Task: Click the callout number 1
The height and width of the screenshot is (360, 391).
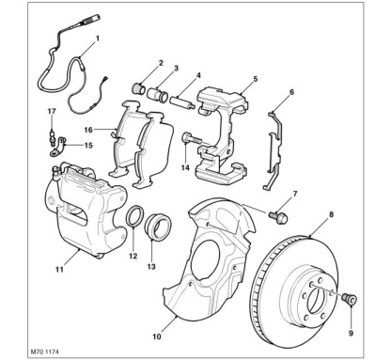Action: pyautogui.click(x=98, y=39)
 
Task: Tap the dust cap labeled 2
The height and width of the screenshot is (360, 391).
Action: pyautogui.click(x=138, y=88)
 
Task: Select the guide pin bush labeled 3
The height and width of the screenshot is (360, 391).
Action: pyautogui.click(x=158, y=94)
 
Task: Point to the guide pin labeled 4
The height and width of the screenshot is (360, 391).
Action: pyautogui.click(x=182, y=102)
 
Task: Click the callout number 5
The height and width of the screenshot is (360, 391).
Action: pyautogui.click(x=256, y=79)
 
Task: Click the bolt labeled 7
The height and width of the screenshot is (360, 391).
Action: pyautogui.click(x=278, y=217)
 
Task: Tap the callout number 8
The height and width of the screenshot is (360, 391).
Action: pyautogui.click(x=332, y=214)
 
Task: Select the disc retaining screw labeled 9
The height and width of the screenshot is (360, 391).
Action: pyautogui.click(x=350, y=298)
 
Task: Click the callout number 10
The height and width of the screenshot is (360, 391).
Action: pyautogui.click(x=157, y=337)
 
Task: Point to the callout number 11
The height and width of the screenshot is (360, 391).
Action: pyautogui.click(x=59, y=269)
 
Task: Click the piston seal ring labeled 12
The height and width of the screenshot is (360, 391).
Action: pyautogui.click(x=135, y=215)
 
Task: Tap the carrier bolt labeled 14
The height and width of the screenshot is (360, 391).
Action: pyautogui.click(x=190, y=138)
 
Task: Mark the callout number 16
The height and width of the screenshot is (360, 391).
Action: pyautogui.click(x=88, y=130)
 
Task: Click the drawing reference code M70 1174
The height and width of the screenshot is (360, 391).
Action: pyautogui.click(x=44, y=352)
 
